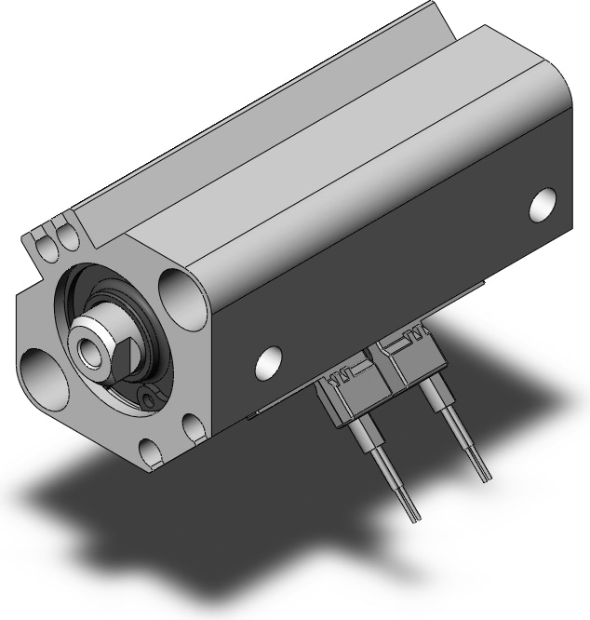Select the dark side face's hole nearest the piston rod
[x=269, y=361]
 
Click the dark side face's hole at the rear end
[x=543, y=204]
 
